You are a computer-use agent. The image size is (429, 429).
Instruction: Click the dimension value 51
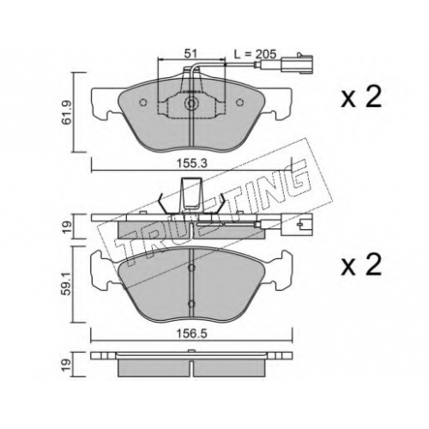pyautogui.click(x=191, y=53)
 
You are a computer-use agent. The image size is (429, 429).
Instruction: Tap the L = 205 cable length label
pyautogui.click(x=255, y=53)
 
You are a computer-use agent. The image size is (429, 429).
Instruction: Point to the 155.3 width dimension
pyautogui.click(x=191, y=164)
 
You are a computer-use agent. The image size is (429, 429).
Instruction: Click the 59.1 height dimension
pyautogui.click(x=68, y=284)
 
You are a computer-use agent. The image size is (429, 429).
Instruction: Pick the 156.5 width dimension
pyautogui.click(x=191, y=334)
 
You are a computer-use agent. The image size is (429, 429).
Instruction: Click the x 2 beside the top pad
pyautogui.click(x=361, y=98)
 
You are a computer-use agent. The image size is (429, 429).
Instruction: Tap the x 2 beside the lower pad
pyautogui.click(x=361, y=265)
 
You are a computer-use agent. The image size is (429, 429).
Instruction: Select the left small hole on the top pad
pyautogui.click(x=142, y=102)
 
